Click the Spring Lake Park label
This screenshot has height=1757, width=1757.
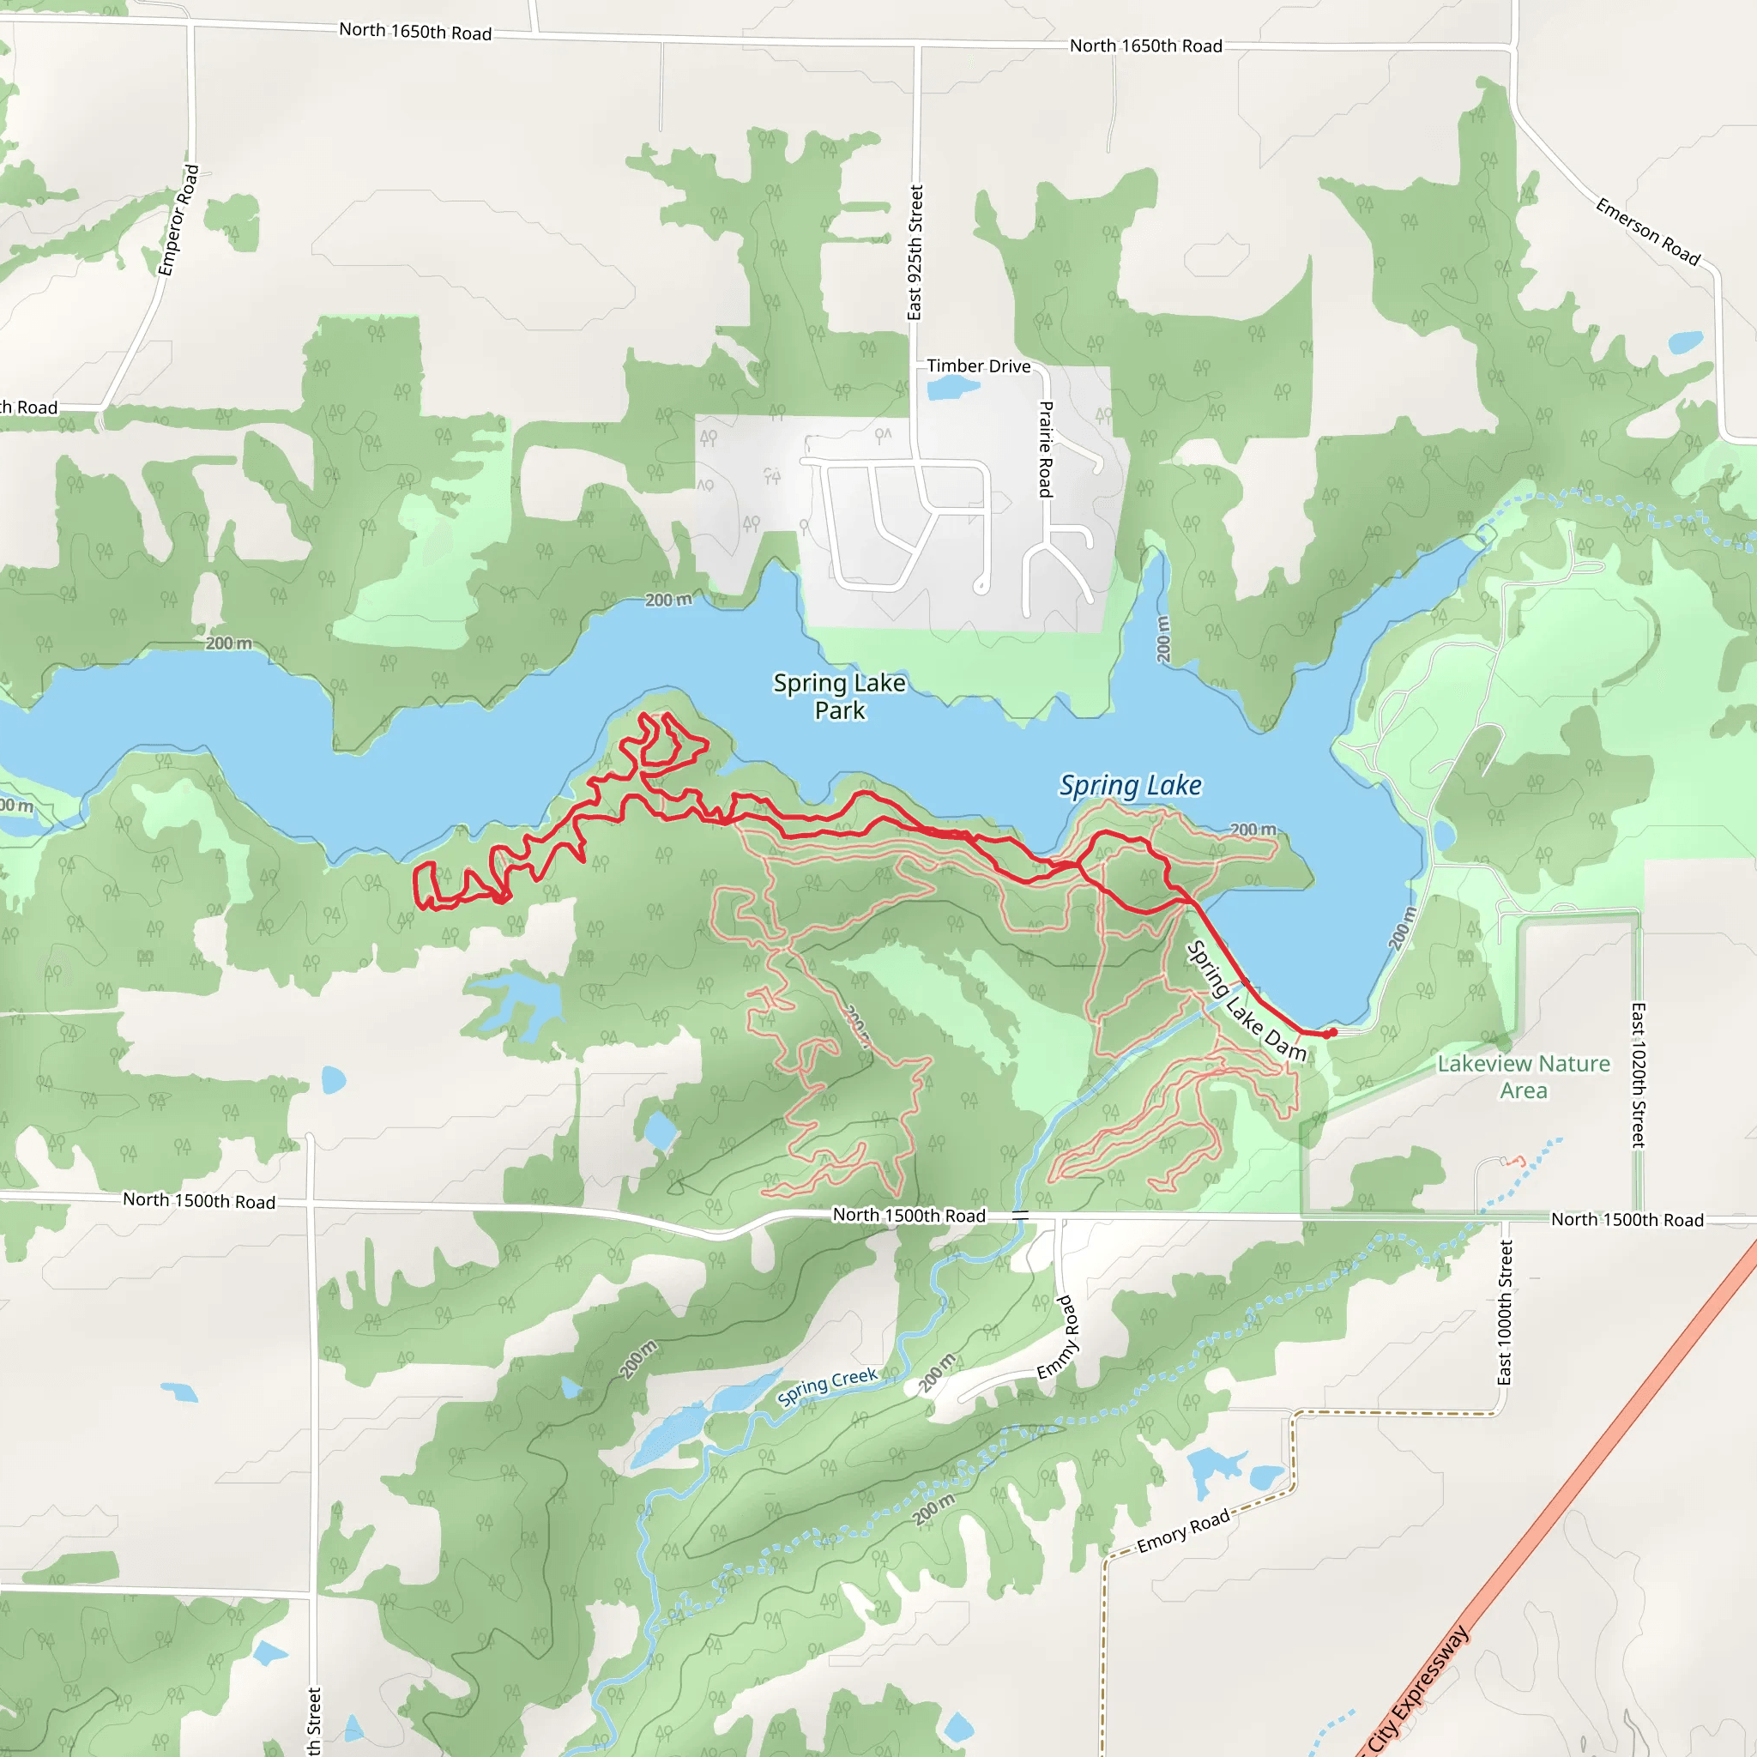pos(839,696)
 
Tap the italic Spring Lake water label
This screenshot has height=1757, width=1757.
pos(1130,785)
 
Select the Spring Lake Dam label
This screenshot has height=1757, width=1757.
pos(1246,1001)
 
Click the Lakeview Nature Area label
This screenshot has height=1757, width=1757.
pos(1524,1076)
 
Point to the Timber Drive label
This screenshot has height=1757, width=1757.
pos(979,365)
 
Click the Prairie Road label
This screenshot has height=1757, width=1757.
pos(1046,450)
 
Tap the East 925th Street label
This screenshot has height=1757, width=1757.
pos(915,253)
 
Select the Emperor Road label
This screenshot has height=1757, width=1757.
pos(178,220)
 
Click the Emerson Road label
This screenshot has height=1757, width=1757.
pos(1647,232)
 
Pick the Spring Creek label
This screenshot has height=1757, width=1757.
pos(827,1387)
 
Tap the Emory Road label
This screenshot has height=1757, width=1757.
pos(1182,1531)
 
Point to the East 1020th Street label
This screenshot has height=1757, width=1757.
pos(1638,1075)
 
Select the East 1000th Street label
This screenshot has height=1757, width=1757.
pos(1505,1313)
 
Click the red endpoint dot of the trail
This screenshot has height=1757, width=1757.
pos(1331,1033)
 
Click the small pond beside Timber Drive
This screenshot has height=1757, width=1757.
pos(951,389)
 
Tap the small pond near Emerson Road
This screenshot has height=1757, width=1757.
pos(1684,343)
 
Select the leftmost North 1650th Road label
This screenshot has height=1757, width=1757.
pos(414,31)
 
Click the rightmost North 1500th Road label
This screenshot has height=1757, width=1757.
pos(1627,1220)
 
